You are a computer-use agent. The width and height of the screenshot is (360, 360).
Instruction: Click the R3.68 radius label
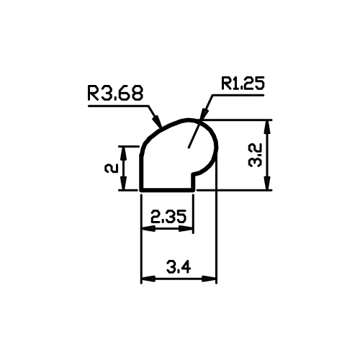(115, 93)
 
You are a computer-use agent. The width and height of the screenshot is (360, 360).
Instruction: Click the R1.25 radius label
(243, 83)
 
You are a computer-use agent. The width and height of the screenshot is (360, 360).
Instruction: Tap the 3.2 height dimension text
(255, 155)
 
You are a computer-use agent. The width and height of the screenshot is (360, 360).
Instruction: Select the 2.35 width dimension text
(168, 216)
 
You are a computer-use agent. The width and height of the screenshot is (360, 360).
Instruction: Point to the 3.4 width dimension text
(179, 267)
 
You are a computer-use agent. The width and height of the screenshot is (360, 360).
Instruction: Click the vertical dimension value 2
(111, 168)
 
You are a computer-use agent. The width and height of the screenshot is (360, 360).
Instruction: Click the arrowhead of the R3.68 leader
(157, 120)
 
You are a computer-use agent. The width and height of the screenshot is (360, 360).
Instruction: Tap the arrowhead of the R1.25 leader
(204, 114)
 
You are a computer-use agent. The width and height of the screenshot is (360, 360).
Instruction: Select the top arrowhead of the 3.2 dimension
(268, 127)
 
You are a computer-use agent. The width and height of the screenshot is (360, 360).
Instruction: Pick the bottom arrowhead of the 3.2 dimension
(268, 184)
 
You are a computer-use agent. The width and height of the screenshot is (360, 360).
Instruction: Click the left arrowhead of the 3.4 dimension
(148, 279)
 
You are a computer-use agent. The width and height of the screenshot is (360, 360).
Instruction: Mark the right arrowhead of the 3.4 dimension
(210, 279)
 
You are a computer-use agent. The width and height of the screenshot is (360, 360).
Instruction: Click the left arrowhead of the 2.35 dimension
(149, 229)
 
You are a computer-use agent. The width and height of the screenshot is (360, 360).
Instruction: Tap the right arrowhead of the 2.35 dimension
(186, 229)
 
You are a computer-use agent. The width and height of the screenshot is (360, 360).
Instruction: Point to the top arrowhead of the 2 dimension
(123, 153)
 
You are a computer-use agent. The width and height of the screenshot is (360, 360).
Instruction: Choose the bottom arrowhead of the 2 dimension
(123, 183)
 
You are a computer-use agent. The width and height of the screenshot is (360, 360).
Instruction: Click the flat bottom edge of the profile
(167, 190)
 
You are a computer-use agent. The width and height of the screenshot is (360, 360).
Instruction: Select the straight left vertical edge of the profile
(141, 172)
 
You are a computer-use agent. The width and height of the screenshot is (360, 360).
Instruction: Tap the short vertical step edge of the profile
(193, 182)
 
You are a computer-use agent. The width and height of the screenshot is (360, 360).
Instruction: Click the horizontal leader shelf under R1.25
(238, 95)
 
